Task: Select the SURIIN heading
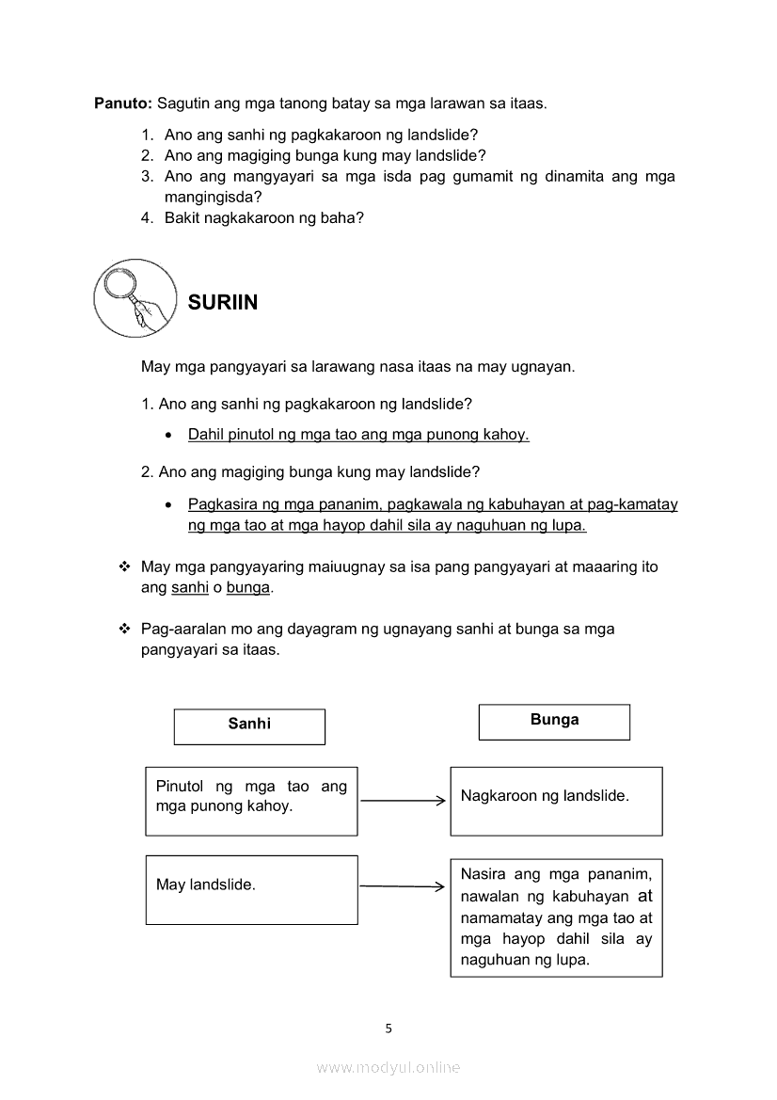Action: tap(223, 303)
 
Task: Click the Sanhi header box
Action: tap(249, 725)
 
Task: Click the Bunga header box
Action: tap(554, 722)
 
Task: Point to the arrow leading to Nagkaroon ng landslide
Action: tap(403, 801)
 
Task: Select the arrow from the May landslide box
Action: tap(402, 885)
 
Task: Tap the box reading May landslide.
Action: tap(251, 889)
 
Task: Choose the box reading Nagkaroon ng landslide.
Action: tap(556, 801)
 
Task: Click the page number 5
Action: tap(388, 1028)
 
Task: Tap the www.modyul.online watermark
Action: tap(388, 1068)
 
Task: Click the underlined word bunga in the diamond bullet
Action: tap(248, 587)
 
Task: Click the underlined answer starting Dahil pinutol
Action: tap(358, 435)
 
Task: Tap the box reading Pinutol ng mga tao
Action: tap(251, 801)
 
